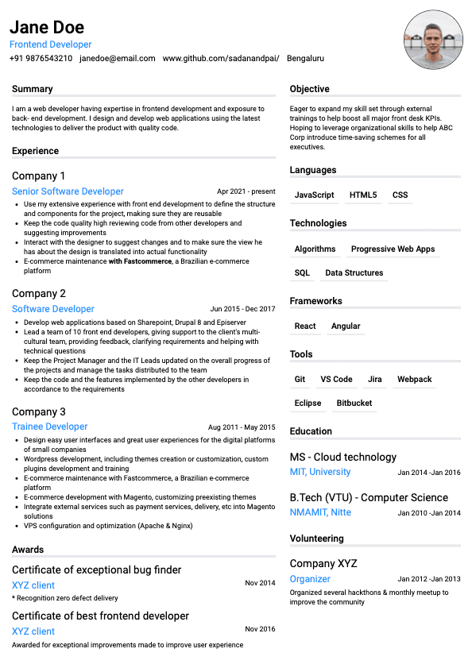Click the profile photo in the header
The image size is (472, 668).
pyautogui.click(x=433, y=41)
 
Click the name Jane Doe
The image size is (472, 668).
pyautogui.click(x=47, y=28)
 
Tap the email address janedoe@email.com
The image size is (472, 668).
pyautogui.click(x=118, y=58)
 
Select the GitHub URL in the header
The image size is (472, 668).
pyautogui.click(x=221, y=58)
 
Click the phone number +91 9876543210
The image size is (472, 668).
pyautogui.click(x=41, y=58)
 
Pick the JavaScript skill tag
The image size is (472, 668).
pyautogui.click(x=314, y=195)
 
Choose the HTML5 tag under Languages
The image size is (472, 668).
pyautogui.click(x=363, y=195)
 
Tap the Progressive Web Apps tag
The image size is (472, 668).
pyautogui.click(x=393, y=249)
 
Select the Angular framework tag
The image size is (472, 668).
pyautogui.click(x=346, y=326)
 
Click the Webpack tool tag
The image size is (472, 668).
pyautogui.click(x=415, y=380)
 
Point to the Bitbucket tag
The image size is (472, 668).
pyautogui.click(x=354, y=404)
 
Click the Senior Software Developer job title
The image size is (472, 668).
pyautogui.click(x=68, y=191)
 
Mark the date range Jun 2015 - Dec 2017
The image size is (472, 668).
pyautogui.click(x=242, y=309)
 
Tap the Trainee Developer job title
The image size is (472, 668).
pyautogui.click(x=49, y=427)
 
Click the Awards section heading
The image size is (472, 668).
pyautogui.click(x=28, y=550)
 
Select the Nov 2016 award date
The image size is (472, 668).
pyautogui.click(x=260, y=629)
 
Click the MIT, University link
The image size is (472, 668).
pyautogui.click(x=320, y=472)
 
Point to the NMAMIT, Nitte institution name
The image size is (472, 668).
pyautogui.click(x=320, y=512)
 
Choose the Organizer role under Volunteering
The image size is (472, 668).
pyautogui.click(x=310, y=579)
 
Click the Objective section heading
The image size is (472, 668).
pyautogui.click(x=309, y=89)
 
